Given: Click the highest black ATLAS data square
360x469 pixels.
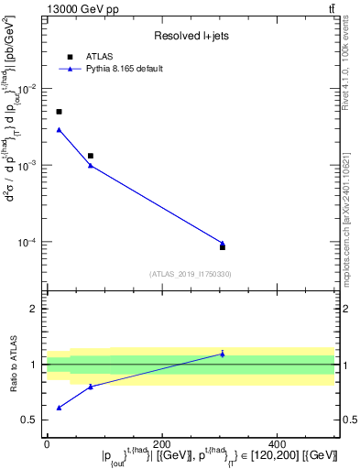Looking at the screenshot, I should click(x=59, y=112).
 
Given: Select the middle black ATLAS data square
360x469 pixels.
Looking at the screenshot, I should click(x=90, y=156).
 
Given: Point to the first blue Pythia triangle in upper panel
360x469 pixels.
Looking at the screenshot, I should click(x=59, y=129).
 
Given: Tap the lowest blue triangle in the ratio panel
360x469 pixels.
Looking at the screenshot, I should click(x=59, y=408).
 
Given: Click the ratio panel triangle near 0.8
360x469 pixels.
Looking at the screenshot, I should click(x=90, y=387).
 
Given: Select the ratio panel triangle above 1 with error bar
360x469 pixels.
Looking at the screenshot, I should click(x=223, y=354).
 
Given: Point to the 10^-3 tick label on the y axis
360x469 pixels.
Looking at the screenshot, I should click(x=28, y=166).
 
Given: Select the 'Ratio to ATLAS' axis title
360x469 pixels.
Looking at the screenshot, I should click(x=13, y=365).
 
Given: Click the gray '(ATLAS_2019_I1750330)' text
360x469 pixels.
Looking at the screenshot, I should click(x=191, y=274).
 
